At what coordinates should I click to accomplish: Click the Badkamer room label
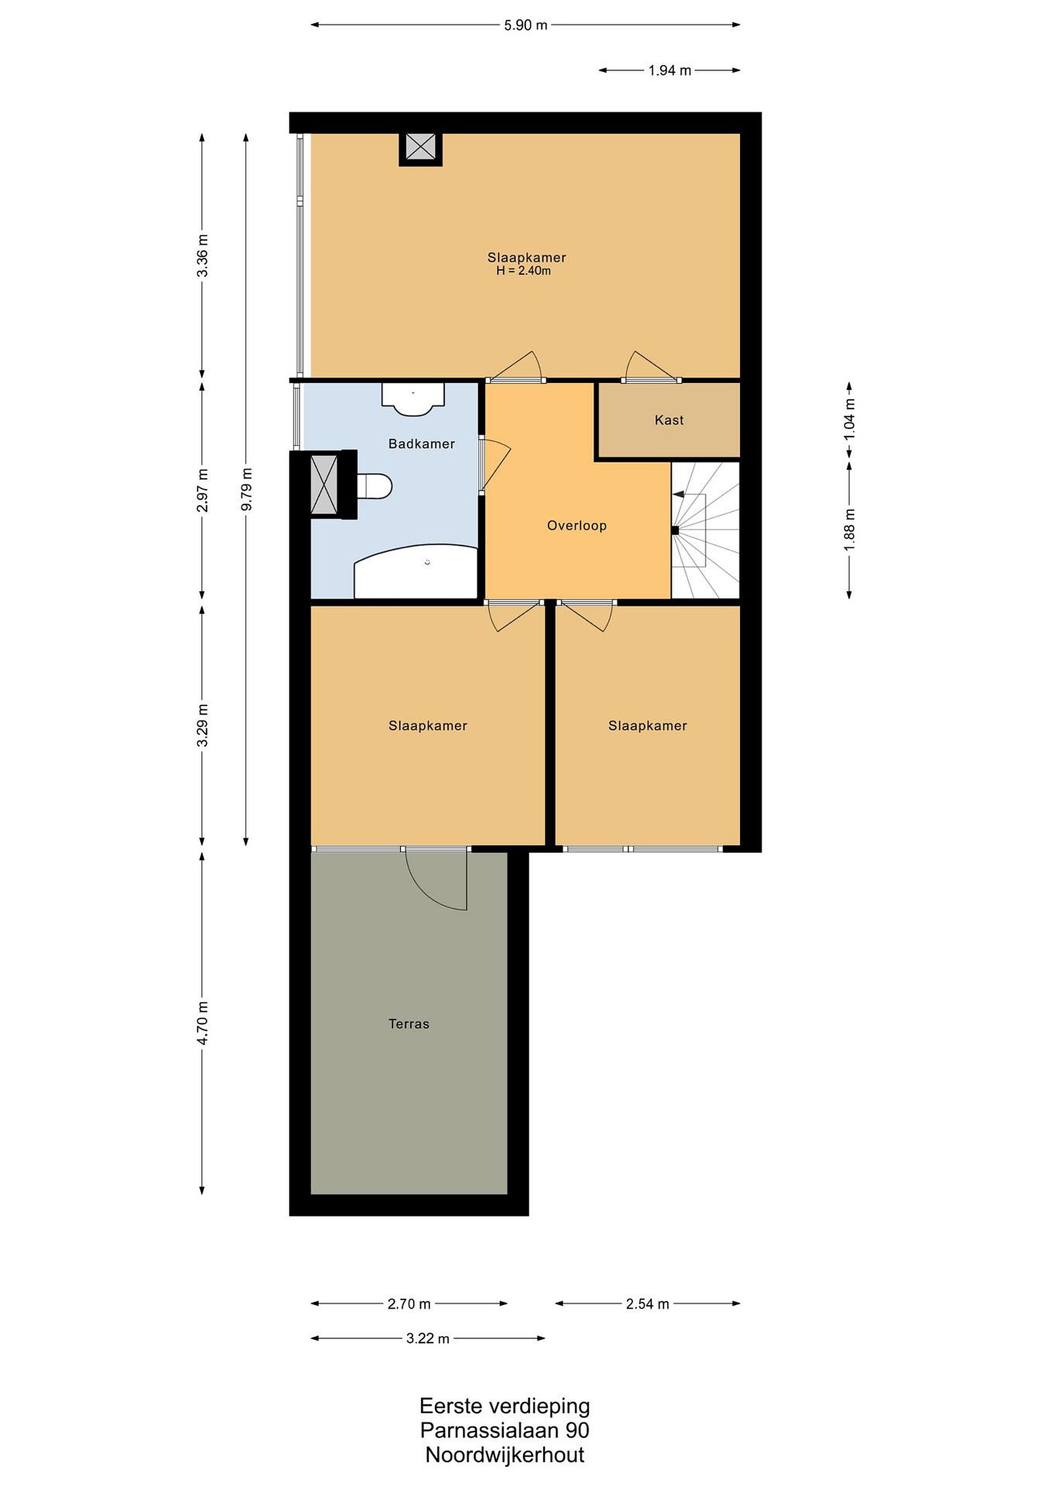tap(422, 444)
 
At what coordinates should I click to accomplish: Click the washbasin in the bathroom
tap(413, 399)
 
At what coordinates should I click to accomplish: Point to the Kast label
tap(669, 421)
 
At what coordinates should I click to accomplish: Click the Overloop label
tap(577, 526)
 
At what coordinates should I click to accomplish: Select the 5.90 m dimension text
tap(525, 25)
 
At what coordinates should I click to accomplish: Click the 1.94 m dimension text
tap(670, 71)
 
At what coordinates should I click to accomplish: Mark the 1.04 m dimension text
tap(850, 419)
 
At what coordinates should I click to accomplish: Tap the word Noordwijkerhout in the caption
tap(505, 1456)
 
